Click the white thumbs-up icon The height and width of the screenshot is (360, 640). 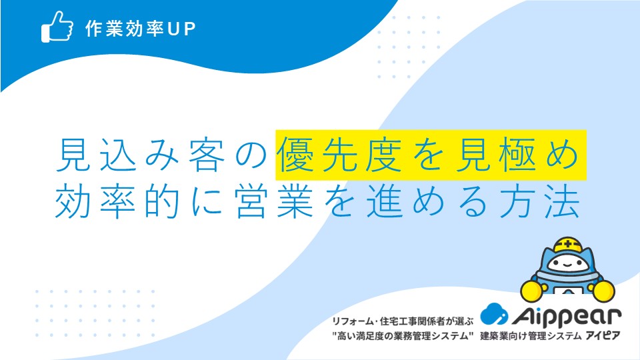(x=57, y=27)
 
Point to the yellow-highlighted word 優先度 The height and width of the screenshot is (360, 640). (x=339, y=155)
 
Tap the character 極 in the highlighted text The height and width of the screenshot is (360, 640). (x=519, y=155)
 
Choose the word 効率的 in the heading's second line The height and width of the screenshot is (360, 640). (x=117, y=202)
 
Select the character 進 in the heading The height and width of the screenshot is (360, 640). (x=385, y=202)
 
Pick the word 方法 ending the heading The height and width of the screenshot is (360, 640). (x=539, y=202)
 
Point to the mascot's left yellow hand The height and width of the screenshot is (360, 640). (x=532, y=290)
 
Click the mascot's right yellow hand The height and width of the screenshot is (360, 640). (x=603, y=291)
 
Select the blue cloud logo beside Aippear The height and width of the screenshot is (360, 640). (x=494, y=314)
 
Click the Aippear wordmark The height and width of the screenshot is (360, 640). (x=567, y=316)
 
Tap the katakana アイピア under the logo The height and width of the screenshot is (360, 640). (x=603, y=336)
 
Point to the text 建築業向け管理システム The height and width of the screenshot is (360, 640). (x=531, y=336)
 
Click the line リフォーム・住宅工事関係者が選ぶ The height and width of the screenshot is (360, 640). (x=403, y=321)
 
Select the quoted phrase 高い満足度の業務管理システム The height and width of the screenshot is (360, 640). (x=403, y=336)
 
